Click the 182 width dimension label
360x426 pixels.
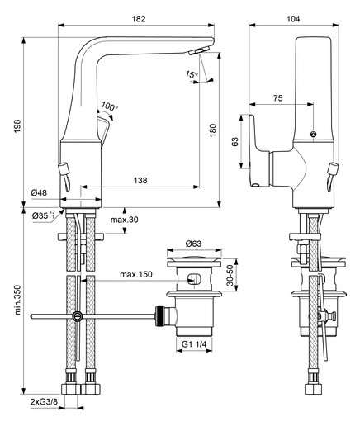139,19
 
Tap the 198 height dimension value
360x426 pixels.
17,126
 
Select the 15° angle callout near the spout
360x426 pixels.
192,74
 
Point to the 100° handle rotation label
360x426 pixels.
110,106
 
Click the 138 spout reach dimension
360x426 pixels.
140,180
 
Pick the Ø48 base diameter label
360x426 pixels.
39,192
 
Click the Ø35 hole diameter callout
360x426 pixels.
44,215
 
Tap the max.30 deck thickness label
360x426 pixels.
125,220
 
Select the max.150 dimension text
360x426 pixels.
136,274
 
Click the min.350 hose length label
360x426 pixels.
17,300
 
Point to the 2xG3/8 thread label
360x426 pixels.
44,402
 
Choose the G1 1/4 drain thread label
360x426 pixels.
194,344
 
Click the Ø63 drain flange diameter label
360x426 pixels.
193,244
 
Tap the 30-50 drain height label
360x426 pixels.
230,275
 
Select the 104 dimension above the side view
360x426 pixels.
293,19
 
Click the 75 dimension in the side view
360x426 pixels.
278,98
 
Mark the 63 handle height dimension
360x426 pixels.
235,142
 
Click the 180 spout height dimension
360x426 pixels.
213,130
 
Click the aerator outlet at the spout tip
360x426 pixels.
199,51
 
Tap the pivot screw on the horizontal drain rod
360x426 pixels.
78,316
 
